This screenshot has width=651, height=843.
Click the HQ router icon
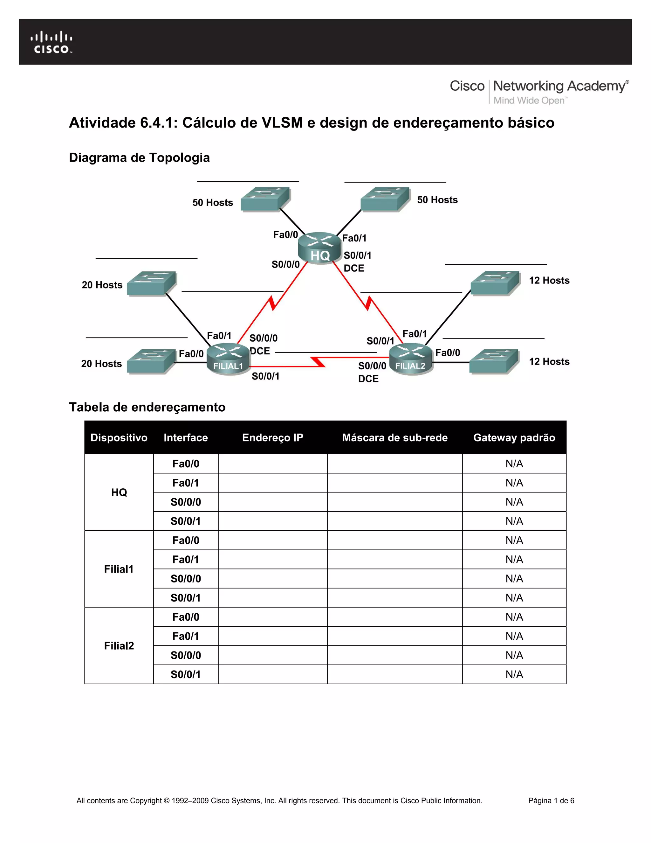pyautogui.click(x=320, y=248)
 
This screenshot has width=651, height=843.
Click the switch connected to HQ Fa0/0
pyautogui.click(x=265, y=199)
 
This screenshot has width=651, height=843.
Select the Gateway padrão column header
pyautogui.click(x=514, y=437)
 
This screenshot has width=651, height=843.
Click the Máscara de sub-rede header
pyautogui.click(x=394, y=437)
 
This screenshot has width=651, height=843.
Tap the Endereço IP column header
pyautogui.click(x=273, y=437)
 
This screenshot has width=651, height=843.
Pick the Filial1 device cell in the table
pyautogui.click(x=119, y=569)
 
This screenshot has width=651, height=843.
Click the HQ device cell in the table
pyautogui.click(x=119, y=492)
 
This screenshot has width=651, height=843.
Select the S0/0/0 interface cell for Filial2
pyautogui.click(x=186, y=655)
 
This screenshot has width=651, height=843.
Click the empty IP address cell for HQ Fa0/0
pyautogui.click(x=273, y=463)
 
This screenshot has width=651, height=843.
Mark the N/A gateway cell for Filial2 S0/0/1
pyautogui.click(x=514, y=674)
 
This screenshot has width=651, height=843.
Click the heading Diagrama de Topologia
pyautogui.click(x=139, y=157)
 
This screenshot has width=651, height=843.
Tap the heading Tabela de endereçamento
pyautogui.click(x=147, y=407)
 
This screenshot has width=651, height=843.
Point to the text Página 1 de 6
pyautogui.click(x=551, y=801)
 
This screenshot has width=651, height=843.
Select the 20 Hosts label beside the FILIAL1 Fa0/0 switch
pyautogui.click(x=101, y=364)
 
